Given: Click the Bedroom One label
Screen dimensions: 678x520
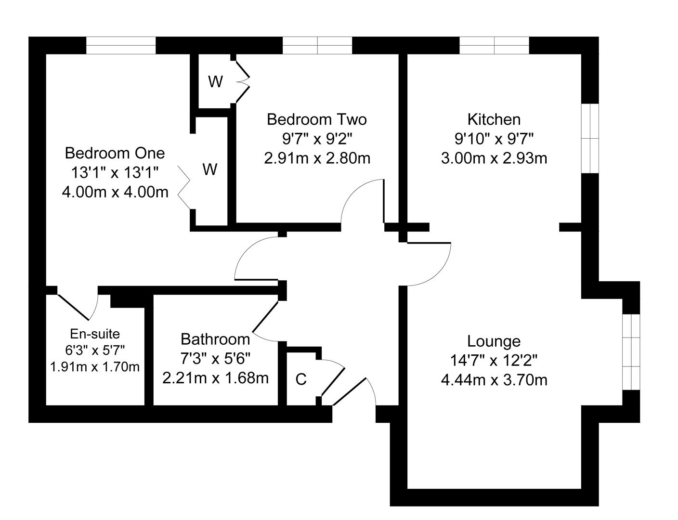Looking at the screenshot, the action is tap(115, 153).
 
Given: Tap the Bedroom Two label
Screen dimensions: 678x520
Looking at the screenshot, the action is tap(317, 120).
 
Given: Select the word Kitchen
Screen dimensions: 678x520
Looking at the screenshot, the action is tap(494, 120).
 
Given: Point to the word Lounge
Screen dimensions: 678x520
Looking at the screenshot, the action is tap(494, 341).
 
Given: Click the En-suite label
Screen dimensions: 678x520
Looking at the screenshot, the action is tap(95, 334).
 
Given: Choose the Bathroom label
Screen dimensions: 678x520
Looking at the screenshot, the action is tap(215, 339).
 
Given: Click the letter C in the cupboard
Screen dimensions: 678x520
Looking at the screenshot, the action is tap(301, 379).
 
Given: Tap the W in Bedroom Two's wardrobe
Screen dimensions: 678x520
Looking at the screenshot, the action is tap(216, 82).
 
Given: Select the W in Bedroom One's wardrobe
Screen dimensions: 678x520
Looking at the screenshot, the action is tap(209, 169).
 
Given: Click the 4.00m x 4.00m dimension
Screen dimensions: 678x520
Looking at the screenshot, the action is tap(115, 192).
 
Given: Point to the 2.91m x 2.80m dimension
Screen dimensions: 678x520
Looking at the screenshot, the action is tap(317, 158).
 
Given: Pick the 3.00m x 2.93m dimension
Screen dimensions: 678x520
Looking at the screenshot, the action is tap(494, 158).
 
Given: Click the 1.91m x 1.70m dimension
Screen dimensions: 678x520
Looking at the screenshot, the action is tap(95, 367).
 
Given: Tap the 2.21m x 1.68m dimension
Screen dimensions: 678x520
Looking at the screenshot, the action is tap(215, 378).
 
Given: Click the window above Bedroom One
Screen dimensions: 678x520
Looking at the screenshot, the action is tap(121, 46).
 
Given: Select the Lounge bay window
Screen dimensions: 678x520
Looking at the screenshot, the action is tap(631, 352).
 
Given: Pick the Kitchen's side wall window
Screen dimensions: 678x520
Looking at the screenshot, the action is tap(590, 139).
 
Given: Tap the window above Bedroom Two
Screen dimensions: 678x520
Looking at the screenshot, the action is tap(317, 46).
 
